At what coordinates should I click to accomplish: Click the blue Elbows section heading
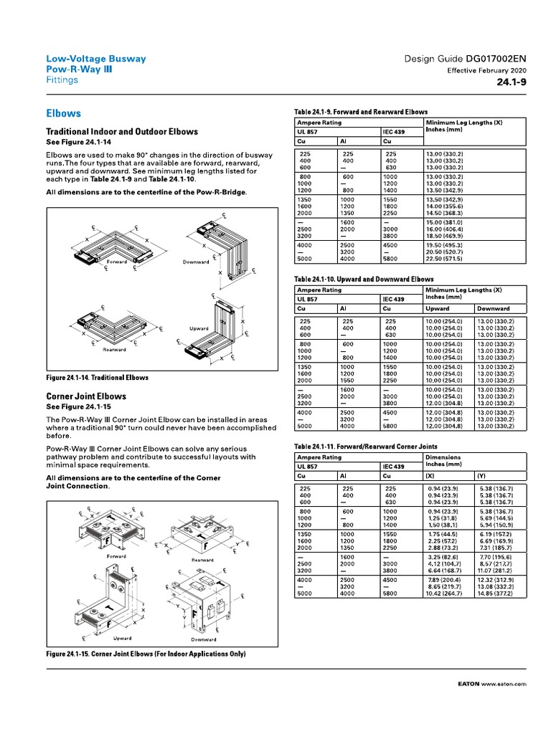[x=63, y=114]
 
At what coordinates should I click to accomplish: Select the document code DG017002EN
[x=494, y=59]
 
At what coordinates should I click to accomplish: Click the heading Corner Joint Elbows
[x=86, y=396]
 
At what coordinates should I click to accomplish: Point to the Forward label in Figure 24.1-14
[x=117, y=262]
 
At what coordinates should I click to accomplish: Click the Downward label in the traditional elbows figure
[x=195, y=262]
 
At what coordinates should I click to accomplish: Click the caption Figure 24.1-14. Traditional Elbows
[x=98, y=377]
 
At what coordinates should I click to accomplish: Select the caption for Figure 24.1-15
[x=146, y=654]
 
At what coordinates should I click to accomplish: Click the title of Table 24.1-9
[x=361, y=113]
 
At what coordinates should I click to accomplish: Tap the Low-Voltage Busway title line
[x=96, y=59]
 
